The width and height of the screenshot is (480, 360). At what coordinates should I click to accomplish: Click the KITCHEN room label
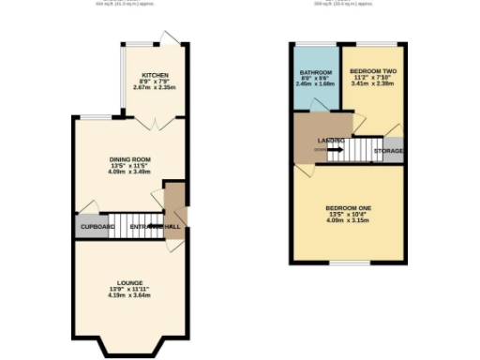pyautogui.click(x=155, y=74)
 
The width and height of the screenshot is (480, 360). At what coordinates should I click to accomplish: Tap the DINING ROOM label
pyautogui.click(x=129, y=158)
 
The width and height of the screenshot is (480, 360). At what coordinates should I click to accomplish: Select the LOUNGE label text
pyautogui.click(x=129, y=281)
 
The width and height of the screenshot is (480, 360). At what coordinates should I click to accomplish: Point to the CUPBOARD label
pyautogui.click(x=97, y=227)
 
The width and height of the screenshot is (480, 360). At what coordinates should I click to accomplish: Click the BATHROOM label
pyautogui.click(x=315, y=72)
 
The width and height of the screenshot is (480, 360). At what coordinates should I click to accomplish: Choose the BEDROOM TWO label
pyautogui.click(x=372, y=71)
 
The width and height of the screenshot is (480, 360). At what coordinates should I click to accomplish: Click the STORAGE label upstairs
pyautogui.click(x=388, y=150)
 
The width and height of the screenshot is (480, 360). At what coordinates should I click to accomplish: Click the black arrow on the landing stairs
pyautogui.click(x=335, y=148)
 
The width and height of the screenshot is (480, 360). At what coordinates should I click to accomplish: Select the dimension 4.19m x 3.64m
pyautogui.click(x=129, y=295)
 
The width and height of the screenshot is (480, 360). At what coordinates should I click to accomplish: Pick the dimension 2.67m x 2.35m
pyautogui.click(x=155, y=88)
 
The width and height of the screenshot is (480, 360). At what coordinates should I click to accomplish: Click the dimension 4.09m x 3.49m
pyautogui.click(x=129, y=172)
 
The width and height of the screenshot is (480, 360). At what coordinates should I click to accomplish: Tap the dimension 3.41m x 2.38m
pyautogui.click(x=372, y=84)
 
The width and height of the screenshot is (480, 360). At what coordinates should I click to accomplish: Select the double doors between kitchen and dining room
pyautogui.click(x=152, y=123)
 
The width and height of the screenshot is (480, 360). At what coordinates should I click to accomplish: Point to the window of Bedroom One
pyautogui.click(x=348, y=263)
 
